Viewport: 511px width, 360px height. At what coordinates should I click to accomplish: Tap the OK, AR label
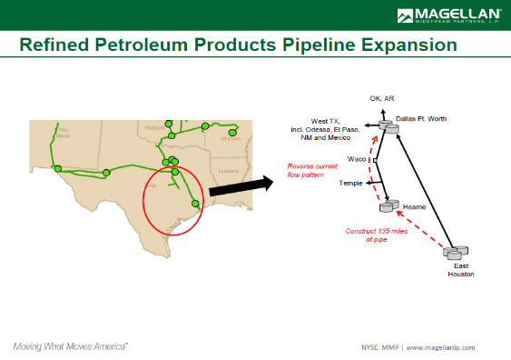[x=381, y=98]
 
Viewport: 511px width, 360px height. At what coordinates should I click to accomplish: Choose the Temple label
[x=351, y=184]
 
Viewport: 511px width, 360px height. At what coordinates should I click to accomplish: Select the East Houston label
[x=461, y=268]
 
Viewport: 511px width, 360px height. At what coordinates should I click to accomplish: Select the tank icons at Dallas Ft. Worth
[x=388, y=126]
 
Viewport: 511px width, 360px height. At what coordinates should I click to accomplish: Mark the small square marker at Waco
[x=374, y=160]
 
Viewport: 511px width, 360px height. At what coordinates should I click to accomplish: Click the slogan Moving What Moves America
[x=70, y=346]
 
